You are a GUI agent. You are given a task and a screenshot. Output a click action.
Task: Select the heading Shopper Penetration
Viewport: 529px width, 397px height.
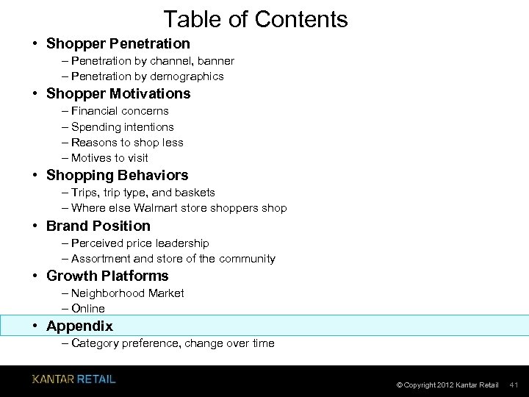[x=118, y=43]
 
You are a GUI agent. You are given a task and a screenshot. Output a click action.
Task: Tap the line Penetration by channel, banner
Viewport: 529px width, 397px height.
[x=153, y=61]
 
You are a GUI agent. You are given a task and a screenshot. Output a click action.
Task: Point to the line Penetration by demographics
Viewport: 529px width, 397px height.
[x=147, y=76]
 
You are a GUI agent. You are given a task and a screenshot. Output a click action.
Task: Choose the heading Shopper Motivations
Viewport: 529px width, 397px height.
[x=118, y=93]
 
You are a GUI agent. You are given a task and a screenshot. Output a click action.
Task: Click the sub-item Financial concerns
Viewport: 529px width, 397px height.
[x=120, y=111]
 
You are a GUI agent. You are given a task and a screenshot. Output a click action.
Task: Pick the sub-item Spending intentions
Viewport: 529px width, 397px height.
[x=123, y=126]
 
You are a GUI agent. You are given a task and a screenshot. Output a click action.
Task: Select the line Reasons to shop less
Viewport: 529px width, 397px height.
[x=127, y=143]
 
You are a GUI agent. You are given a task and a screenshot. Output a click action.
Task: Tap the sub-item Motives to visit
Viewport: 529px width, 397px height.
[x=109, y=158]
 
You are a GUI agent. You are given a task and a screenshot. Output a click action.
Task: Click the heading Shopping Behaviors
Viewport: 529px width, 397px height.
[x=117, y=175]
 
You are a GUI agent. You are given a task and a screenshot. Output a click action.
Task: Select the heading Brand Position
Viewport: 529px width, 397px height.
[x=98, y=226]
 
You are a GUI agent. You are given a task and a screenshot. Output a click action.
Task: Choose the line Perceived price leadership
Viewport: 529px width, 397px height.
[x=140, y=243]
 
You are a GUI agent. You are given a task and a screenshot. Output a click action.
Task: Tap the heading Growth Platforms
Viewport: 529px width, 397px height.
[x=107, y=276]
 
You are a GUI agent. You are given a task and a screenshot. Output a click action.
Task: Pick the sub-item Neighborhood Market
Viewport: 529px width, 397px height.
[x=127, y=293]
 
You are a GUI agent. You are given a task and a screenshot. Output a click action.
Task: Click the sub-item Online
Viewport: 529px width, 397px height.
[x=88, y=309]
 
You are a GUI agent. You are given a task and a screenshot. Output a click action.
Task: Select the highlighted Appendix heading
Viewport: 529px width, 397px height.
[x=79, y=326]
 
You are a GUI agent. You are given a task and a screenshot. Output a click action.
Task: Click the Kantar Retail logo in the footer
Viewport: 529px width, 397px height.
[x=73, y=379]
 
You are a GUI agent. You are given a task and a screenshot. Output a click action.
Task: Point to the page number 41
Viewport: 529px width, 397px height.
[x=514, y=385]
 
